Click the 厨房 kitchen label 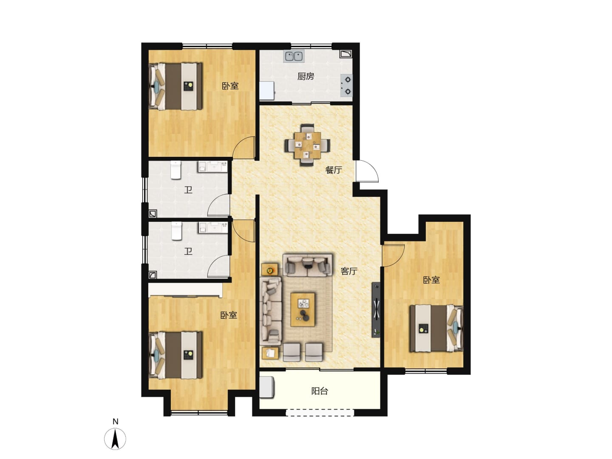pyautogui.click(x=306, y=76)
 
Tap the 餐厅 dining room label pyautogui.click(x=334, y=170)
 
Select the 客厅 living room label pyautogui.click(x=349, y=271)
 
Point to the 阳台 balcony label pyautogui.click(x=320, y=391)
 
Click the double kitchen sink pyautogui.click(x=294, y=56)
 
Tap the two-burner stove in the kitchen pyautogui.click(x=346, y=85)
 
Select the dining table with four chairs pyautogui.click(x=308, y=145)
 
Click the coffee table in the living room pyautogui.click(x=303, y=309)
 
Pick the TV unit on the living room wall pyautogui.click(x=376, y=310)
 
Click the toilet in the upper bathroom pyautogui.click(x=176, y=170)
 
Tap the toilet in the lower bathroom pyautogui.click(x=176, y=231)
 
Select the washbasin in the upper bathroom pyautogui.click(x=213, y=167)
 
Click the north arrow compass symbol pyautogui.click(x=115, y=439)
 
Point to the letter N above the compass pyautogui.click(x=116, y=421)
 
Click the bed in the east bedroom pyautogui.click(x=436, y=328)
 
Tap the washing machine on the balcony pyautogui.click(x=267, y=387)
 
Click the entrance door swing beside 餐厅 pyautogui.click(x=367, y=171)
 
